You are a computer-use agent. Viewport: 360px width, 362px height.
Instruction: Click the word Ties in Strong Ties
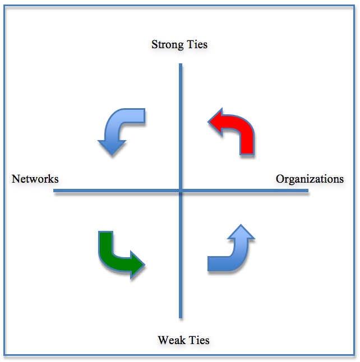click(197, 44)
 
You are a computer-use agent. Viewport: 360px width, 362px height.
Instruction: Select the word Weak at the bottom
click(172, 340)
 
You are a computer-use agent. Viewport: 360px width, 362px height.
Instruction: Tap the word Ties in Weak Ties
click(199, 340)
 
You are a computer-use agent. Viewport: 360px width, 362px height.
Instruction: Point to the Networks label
click(35, 179)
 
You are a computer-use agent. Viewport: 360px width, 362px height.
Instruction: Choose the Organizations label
click(310, 179)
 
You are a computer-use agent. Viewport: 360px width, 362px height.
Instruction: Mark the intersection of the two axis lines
click(181, 191)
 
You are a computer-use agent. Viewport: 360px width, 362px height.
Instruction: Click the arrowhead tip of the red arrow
click(209, 121)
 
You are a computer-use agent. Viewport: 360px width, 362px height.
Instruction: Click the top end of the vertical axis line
click(181, 65)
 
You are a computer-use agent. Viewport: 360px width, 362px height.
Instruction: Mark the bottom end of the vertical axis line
click(181, 317)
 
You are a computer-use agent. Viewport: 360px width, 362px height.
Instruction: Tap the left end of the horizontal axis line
click(55, 191)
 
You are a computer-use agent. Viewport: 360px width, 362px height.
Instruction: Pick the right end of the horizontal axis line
click(307, 191)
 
